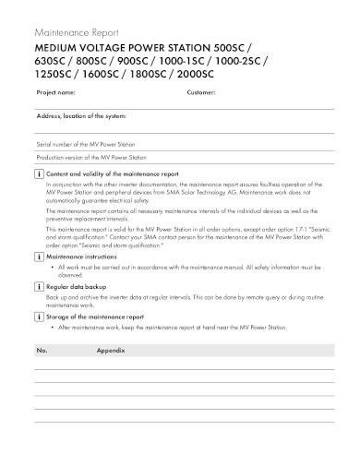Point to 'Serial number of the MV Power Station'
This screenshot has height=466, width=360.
pyautogui.click(x=86, y=145)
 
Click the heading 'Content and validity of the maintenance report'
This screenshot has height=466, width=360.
pyautogui.click(x=113, y=173)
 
